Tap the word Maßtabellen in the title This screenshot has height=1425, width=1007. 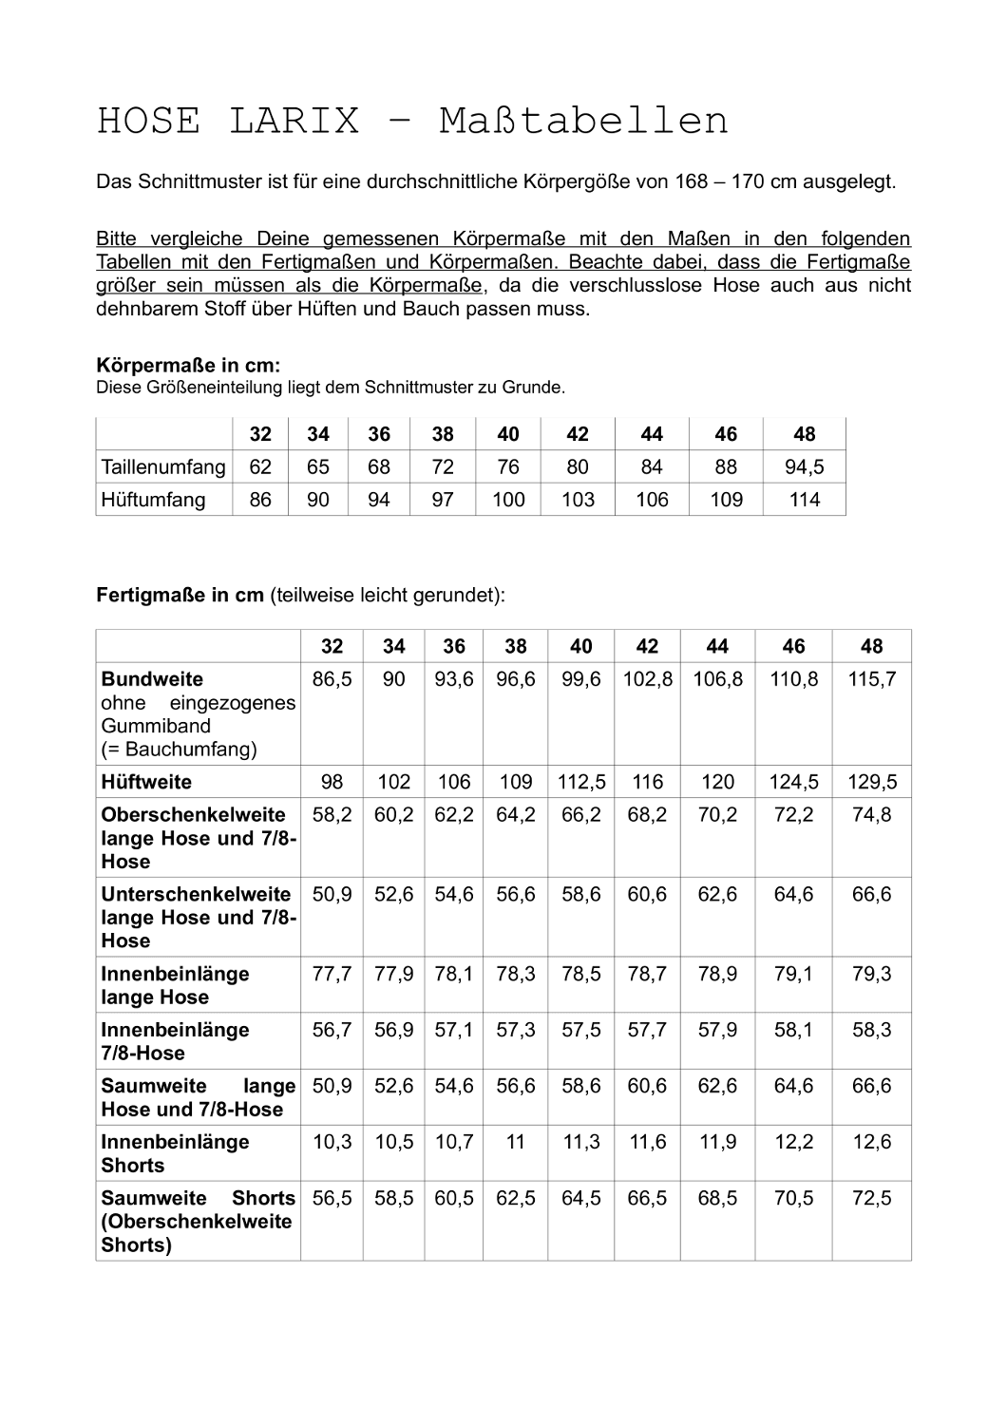coord(583,122)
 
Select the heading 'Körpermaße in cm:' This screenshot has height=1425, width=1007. coord(188,365)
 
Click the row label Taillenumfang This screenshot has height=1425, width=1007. coord(163,467)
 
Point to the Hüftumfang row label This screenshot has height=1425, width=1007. coord(153,500)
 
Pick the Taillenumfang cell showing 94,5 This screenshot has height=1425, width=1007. coord(804,467)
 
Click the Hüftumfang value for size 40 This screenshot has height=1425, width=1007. coord(508,500)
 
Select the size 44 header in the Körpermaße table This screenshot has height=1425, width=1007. coord(652,434)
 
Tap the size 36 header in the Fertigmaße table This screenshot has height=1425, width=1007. coord(454,647)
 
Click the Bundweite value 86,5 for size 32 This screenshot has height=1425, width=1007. coord(332,679)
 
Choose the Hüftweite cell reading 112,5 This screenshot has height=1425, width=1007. coord(580,782)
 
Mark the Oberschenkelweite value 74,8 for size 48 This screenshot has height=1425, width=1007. coord(871,815)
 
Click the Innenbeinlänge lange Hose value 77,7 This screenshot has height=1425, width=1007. coord(332,974)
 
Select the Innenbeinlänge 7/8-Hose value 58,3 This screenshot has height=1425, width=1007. coord(871,1030)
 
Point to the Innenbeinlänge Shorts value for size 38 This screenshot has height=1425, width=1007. coord(515,1142)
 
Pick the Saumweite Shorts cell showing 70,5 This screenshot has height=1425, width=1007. coord(793,1198)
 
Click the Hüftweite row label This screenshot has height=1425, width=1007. coord(146,782)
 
